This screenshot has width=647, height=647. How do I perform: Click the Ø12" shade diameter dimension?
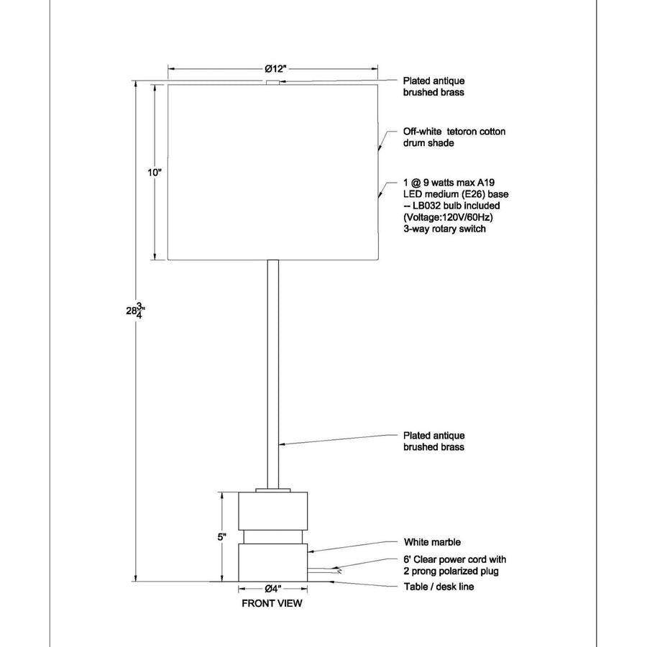tap(275, 68)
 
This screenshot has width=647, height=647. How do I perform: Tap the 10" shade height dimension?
tap(155, 173)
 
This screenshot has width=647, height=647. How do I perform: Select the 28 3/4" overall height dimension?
tap(135, 311)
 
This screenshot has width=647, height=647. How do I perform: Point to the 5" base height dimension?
tap(222, 537)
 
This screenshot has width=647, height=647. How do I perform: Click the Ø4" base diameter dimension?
tap(272, 588)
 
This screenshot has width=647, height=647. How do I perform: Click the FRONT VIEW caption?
tap(272, 603)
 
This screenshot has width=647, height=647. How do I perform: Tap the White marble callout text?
tap(432, 542)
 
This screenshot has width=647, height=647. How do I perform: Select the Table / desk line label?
tap(439, 587)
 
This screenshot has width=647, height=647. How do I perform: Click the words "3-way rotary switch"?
tap(444, 229)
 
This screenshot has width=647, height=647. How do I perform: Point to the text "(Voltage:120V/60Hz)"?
tap(448, 217)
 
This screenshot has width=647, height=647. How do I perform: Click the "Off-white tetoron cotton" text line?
tap(454, 132)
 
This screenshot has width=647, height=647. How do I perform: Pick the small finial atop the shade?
tap(272, 83)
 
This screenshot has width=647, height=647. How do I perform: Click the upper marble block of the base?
tap(272, 511)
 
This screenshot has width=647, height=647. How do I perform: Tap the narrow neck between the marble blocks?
tap(272, 537)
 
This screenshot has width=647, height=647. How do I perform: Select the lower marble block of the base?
tap(272, 562)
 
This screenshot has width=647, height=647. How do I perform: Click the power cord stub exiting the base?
tap(324, 571)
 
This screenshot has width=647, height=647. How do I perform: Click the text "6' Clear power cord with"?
tap(455, 560)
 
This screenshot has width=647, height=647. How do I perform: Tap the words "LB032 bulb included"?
tap(456, 206)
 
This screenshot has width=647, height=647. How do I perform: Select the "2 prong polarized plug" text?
tap(451, 572)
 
